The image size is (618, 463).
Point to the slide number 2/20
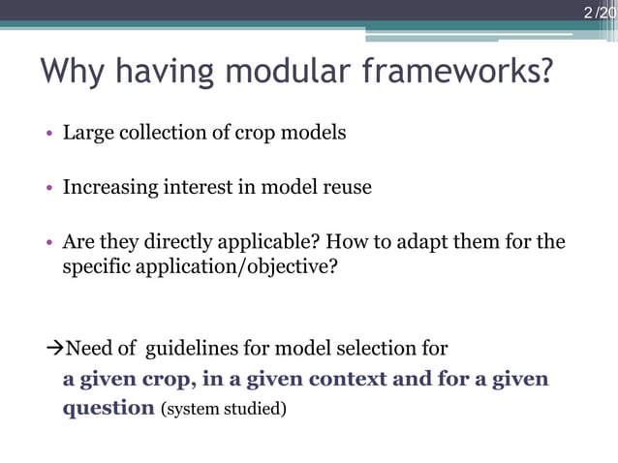tap(600, 13)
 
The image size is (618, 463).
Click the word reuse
tap(345, 187)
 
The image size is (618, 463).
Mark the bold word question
tap(108, 408)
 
